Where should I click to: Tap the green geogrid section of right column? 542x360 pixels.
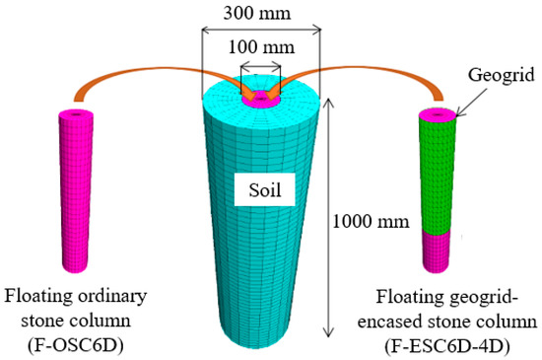440,173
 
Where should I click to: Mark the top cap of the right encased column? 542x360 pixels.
438,114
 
